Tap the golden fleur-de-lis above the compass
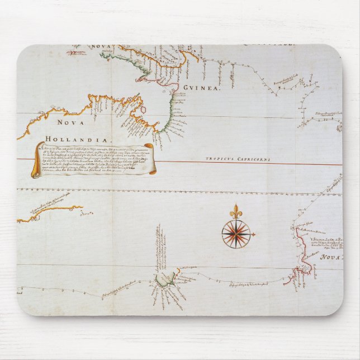point(235,211)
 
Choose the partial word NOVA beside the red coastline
point(331,258)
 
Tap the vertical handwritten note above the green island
point(158,246)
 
